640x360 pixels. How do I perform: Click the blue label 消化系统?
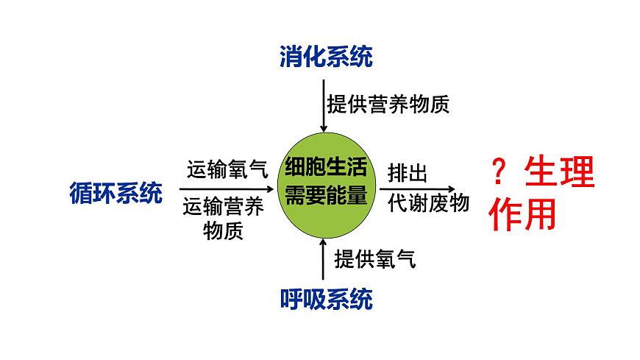click(x=326, y=57)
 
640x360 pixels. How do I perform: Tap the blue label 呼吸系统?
click(x=326, y=299)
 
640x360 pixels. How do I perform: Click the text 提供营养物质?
click(x=388, y=104)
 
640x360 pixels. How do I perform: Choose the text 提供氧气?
click(x=375, y=258)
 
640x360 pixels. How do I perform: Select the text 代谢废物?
click(x=428, y=203)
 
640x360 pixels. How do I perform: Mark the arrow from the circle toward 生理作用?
click(x=423, y=188)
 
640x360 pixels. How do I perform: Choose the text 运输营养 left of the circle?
click(x=224, y=208)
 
